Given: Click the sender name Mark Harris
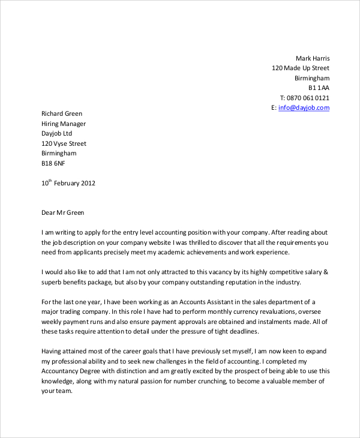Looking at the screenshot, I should (313, 58).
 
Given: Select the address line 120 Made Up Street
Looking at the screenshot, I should (301, 68).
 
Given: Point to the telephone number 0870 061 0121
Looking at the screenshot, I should (308, 98).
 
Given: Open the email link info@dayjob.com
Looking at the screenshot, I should (304, 108).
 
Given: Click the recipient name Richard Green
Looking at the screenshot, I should (62, 113).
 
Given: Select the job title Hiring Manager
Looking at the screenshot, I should (64, 124).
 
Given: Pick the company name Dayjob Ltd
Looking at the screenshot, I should (56, 133).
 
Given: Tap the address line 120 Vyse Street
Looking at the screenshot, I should (64, 143).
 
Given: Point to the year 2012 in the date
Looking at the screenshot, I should (88, 184).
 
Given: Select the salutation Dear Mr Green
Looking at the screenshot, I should (63, 212).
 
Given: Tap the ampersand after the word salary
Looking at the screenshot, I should (326, 271).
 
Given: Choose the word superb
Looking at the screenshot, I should (52, 282).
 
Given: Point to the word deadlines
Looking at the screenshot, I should (245, 332).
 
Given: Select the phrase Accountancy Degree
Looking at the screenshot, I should (71, 371).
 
